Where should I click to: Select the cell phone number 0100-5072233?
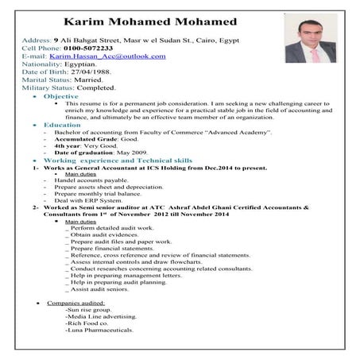tap(84, 47)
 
